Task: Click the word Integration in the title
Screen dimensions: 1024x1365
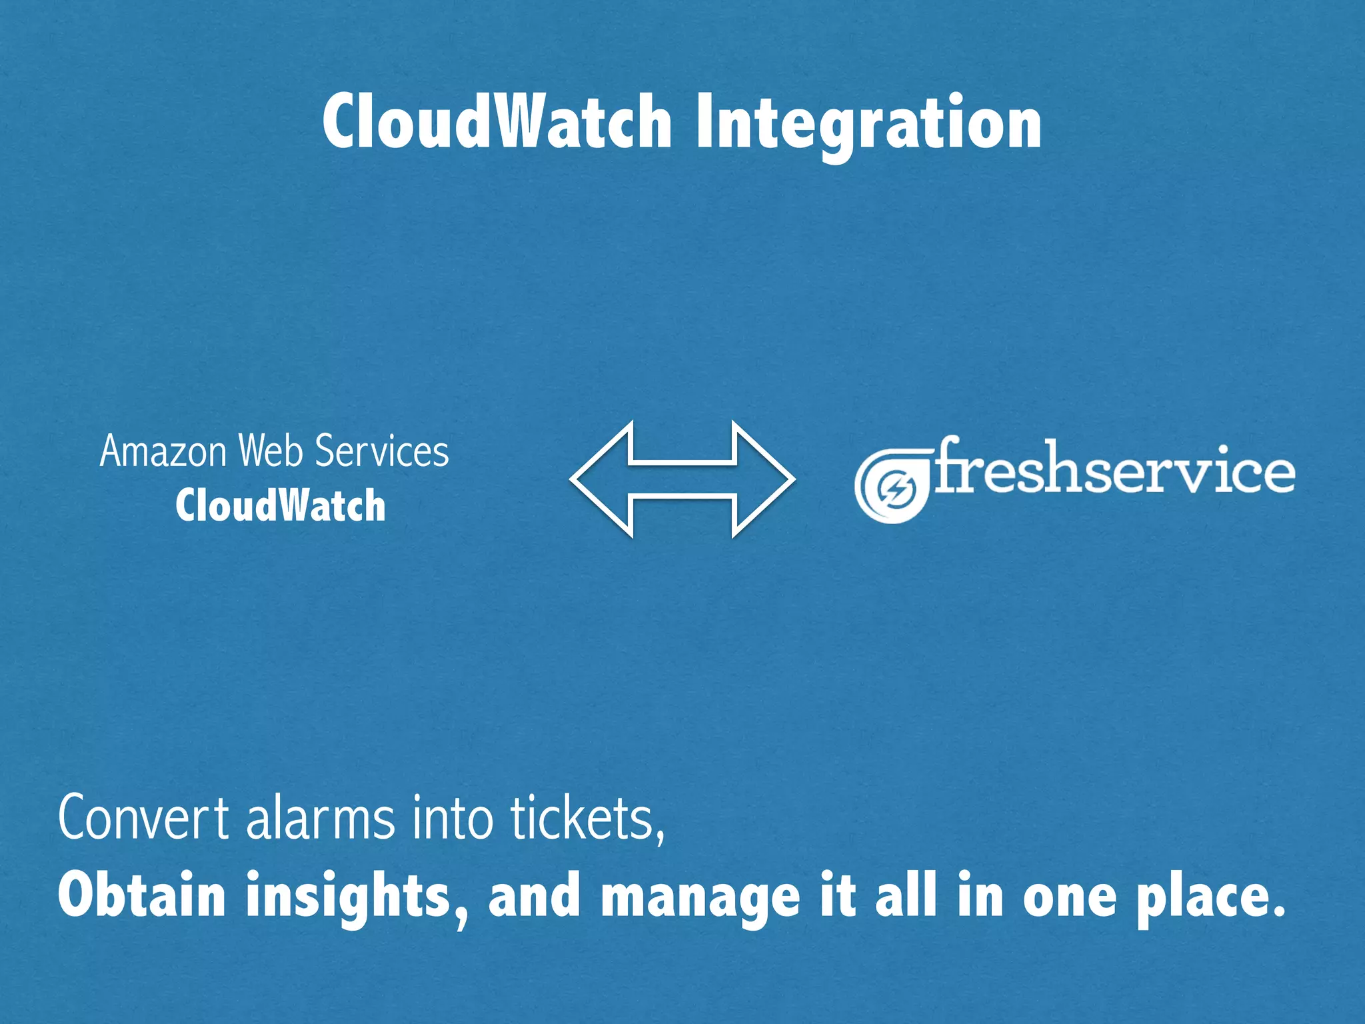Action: pyautogui.click(x=868, y=123)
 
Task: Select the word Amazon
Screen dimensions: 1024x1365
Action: pyautogui.click(x=164, y=451)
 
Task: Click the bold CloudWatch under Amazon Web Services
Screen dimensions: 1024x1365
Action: pyautogui.click(x=281, y=505)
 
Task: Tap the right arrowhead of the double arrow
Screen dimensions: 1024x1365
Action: pyautogui.click(x=766, y=479)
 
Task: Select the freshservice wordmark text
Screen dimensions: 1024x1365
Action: pyautogui.click(x=1114, y=469)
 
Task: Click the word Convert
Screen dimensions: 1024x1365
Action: pyautogui.click(x=144, y=818)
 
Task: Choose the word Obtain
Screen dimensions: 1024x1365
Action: pyautogui.click(x=142, y=895)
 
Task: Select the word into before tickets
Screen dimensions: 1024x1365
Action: pyautogui.click(x=453, y=818)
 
